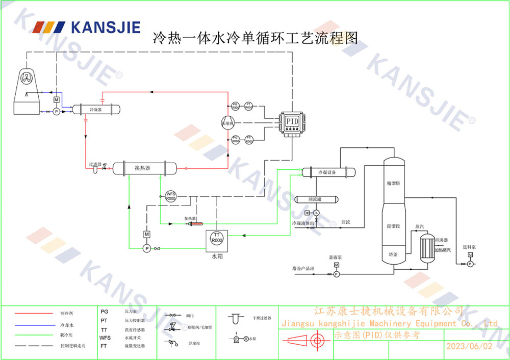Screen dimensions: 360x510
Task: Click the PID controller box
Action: (x=291, y=122)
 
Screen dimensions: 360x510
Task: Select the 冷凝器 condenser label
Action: (x=95, y=109)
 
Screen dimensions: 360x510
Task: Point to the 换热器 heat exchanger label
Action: (x=142, y=168)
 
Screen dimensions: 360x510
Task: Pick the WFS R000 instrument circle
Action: (x=171, y=196)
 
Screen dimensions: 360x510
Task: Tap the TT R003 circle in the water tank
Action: (x=217, y=238)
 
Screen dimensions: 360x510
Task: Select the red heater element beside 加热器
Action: (x=196, y=223)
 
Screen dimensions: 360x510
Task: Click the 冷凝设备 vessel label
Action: (x=327, y=172)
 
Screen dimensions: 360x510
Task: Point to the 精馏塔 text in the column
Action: (x=393, y=182)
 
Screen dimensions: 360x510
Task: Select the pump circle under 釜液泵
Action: (x=337, y=274)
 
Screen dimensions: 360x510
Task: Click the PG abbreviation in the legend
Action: (x=104, y=311)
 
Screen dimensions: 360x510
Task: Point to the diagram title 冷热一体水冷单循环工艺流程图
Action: (x=255, y=38)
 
